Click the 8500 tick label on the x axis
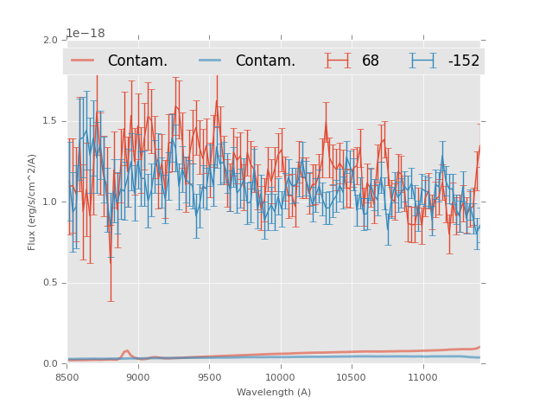67,377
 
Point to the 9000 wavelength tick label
138,377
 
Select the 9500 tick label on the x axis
209,377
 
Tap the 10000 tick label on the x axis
280,377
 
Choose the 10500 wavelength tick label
351,377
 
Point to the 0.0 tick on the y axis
51,364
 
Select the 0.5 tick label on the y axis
51,283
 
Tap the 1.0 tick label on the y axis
51,202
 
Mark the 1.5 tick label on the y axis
51,121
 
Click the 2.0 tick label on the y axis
51,41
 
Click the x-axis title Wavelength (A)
274,392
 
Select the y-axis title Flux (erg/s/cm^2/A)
32,202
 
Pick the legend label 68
371,61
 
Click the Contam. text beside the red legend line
137,61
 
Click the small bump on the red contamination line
126,351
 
